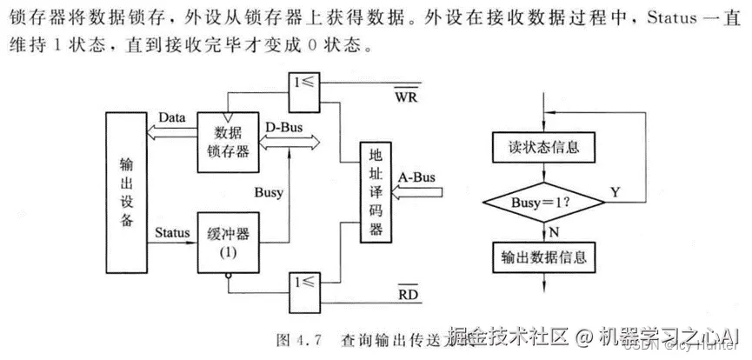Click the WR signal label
406,97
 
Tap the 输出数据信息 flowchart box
543,257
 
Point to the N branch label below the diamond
554,231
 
